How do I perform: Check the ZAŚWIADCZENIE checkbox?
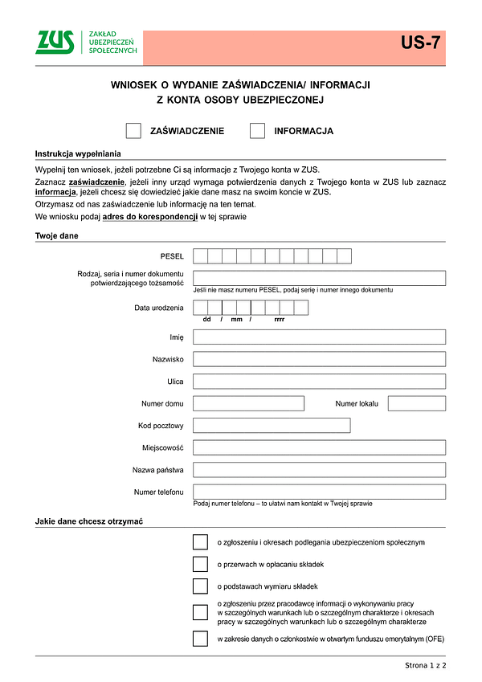click(x=134, y=131)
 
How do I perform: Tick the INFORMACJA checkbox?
click(x=257, y=131)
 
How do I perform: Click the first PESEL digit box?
click(x=200, y=256)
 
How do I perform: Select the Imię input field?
click(x=319, y=337)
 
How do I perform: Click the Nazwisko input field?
click(x=319, y=359)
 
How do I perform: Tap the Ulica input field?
click(x=319, y=382)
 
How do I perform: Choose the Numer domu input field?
click(x=237, y=403)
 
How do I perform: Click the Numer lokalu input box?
click(x=416, y=403)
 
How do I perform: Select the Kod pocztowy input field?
click(x=272, y=426)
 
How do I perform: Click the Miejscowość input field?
click(x=319, y=447)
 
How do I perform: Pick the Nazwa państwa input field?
click(x=319, y=470)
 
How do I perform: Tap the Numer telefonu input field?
click(x=319, y=492)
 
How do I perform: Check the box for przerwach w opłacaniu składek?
click(x=200, y=564)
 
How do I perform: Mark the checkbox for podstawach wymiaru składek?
click(x=200, y=586)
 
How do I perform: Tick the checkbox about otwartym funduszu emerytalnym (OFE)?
click(x=200, y=639)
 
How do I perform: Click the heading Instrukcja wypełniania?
click(x=78, y=153)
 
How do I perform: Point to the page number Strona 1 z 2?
click(x=425, y=666)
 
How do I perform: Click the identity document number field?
click(x=319, y=278)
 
